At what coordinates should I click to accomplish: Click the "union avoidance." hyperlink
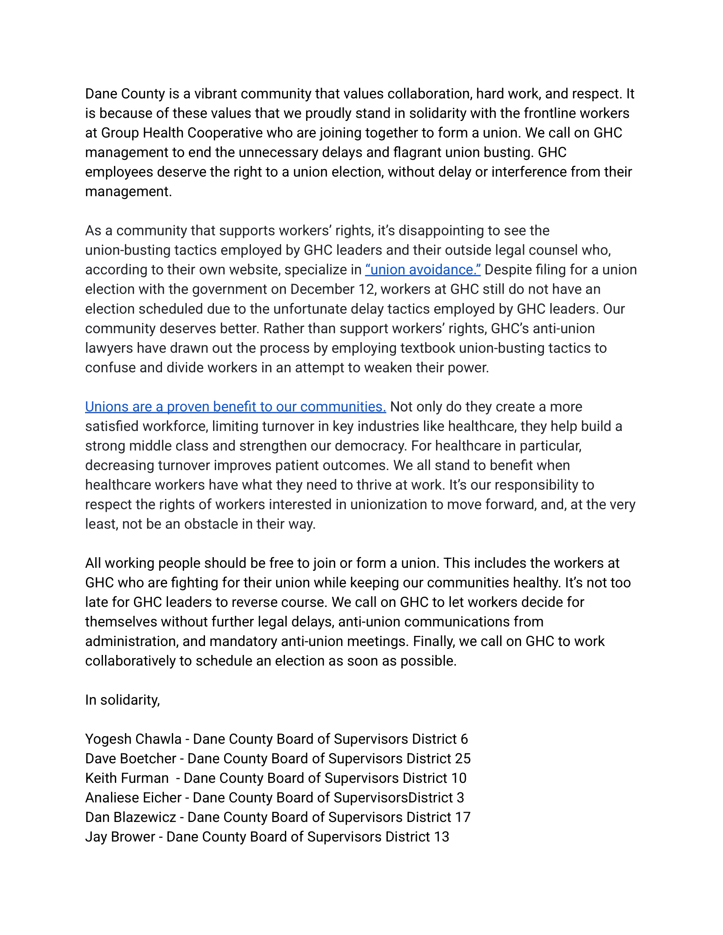point(423,270)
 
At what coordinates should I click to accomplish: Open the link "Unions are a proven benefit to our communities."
point(235,407)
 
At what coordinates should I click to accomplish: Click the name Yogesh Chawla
point(133,739)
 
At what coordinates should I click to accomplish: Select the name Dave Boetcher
point(131,759)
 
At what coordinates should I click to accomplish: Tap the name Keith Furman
point(127,778)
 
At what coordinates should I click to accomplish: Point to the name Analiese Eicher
point(133,798)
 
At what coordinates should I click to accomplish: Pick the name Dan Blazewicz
point(131,817)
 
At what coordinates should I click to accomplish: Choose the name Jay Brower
point(120,836)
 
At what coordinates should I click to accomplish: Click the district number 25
point(463,759)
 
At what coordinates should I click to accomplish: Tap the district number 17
point(463,817)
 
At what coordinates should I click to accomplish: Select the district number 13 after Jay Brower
point(441,836)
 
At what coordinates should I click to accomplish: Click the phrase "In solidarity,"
point(122,700)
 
